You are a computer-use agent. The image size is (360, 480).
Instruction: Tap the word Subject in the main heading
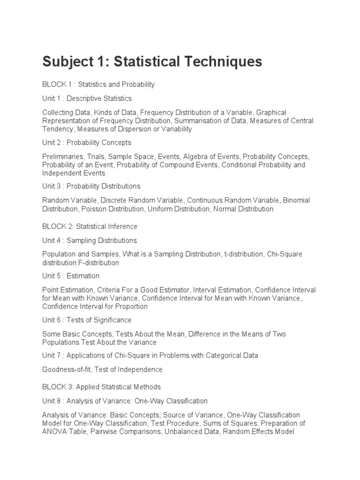[x=67, y=62]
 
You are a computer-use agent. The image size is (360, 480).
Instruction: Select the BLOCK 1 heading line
[x=98, y=84]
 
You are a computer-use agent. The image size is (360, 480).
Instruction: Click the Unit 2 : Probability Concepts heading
[x=87, y=142]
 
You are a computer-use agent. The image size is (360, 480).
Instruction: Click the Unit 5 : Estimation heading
[x=71, y=276]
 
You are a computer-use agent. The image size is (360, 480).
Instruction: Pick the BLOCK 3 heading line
[x=101, y=387]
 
